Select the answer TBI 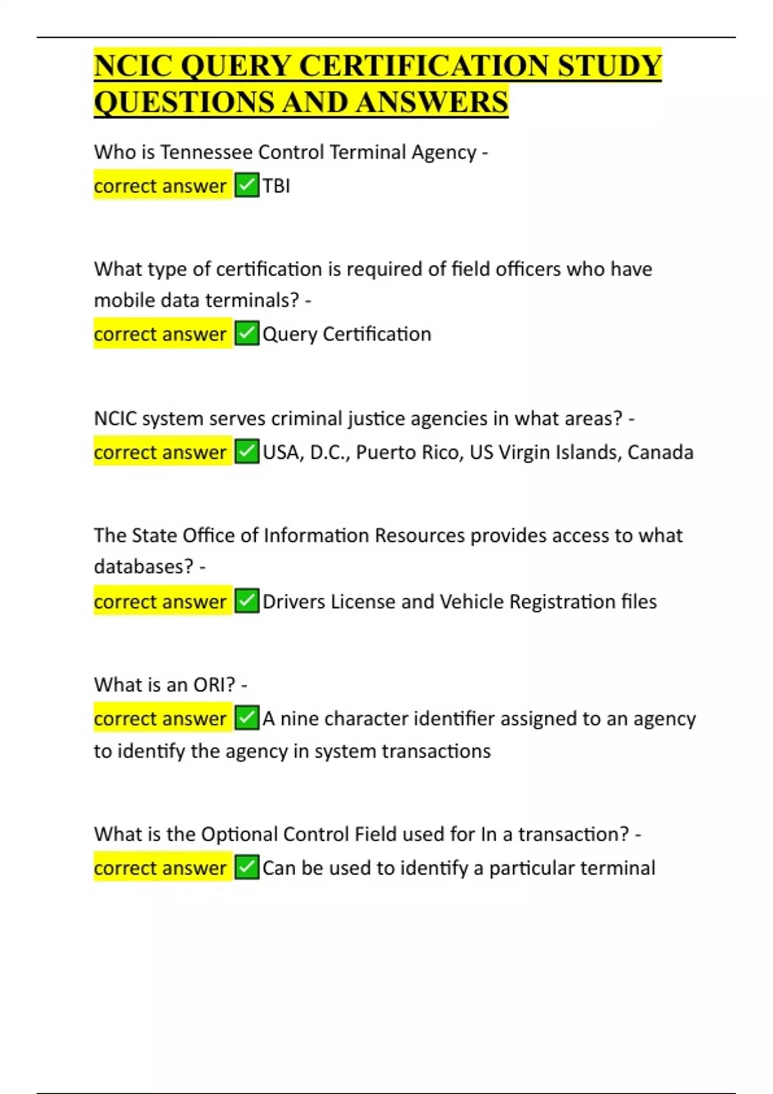click(x=276, y=186)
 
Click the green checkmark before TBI click(x=247, y=185)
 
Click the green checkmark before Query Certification click(x=247, y=334)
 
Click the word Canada click(x=660, y=452)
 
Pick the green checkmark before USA click(x=247, y=452)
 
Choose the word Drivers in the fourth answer click(x=294, y=602)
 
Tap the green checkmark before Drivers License click(x=247, y=601)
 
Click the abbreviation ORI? click(x=215, y=685)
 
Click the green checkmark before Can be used click(x=247, y=867)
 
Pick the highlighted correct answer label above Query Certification click(x=160, y=335)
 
